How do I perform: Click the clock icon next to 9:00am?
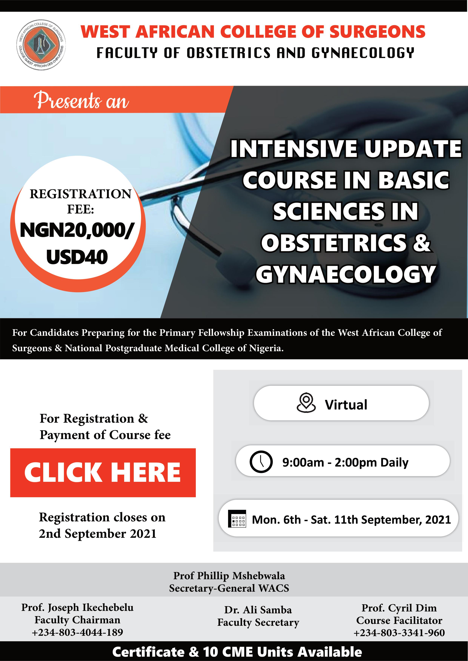point(261,462)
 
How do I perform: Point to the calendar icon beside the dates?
point(237,519)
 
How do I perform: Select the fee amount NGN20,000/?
point(77,230)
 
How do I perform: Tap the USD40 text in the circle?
point(77,257)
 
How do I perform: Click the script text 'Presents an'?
point(81,100)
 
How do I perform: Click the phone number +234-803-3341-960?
point(399,633)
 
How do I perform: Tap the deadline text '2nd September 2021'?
point(98,533)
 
